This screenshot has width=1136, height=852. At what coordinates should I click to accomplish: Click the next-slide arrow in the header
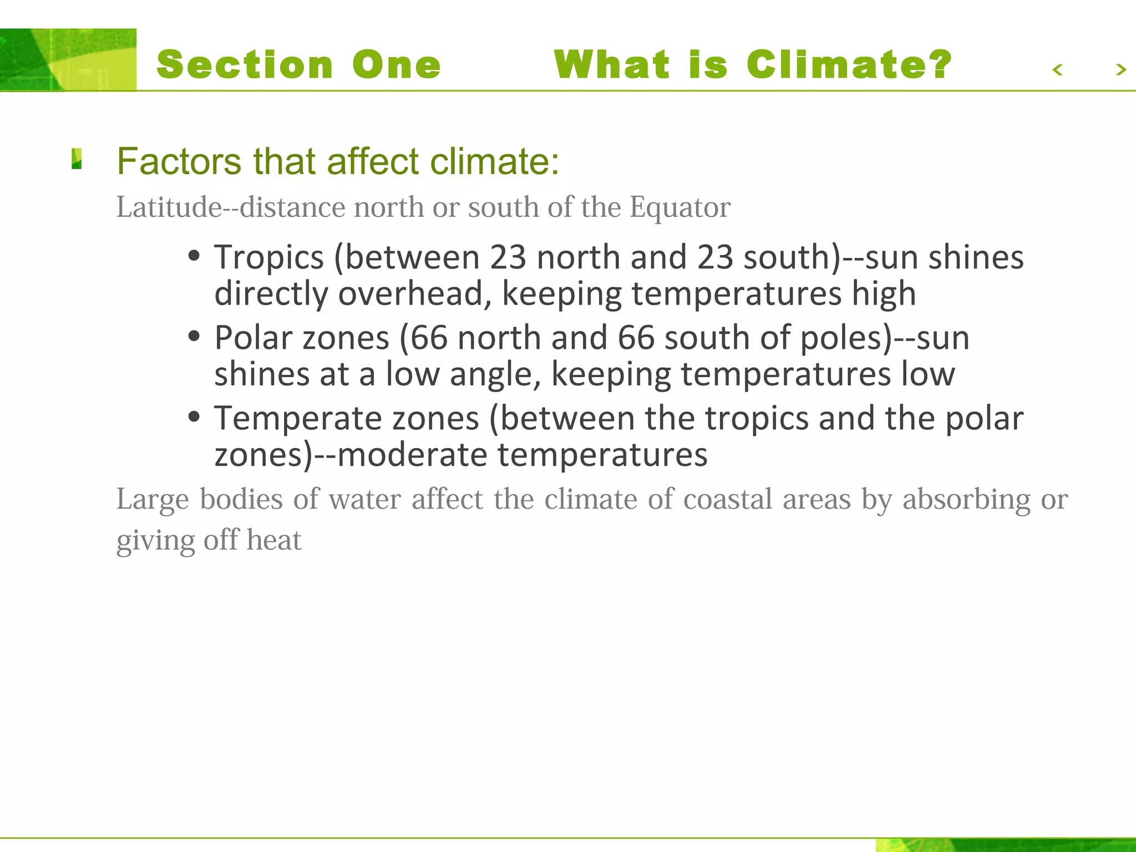click(x=1120, y=70)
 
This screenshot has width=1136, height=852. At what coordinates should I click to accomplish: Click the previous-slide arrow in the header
click(x=1058, y=70)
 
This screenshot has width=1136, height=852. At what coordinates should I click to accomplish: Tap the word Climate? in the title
click(x=849, y=64)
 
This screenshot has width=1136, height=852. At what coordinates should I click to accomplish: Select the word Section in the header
click(x=245, y=64)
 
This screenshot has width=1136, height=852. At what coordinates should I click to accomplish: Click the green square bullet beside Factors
click(x=77, y=159)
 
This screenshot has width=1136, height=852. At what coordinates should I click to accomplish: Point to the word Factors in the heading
click(x=179, y=161)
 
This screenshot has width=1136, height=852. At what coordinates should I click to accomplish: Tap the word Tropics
click(x=269, y=257)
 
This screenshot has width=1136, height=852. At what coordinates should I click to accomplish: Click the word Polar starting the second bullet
click(x=253, y=338)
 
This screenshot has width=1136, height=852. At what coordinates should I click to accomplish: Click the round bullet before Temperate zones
click(x=194, y=417)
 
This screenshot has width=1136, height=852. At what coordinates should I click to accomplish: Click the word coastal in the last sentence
click(x=728, y=499)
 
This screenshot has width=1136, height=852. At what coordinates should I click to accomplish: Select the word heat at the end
click(x=274, y=540)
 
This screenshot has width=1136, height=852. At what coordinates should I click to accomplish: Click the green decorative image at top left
click(x=68, y=60)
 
